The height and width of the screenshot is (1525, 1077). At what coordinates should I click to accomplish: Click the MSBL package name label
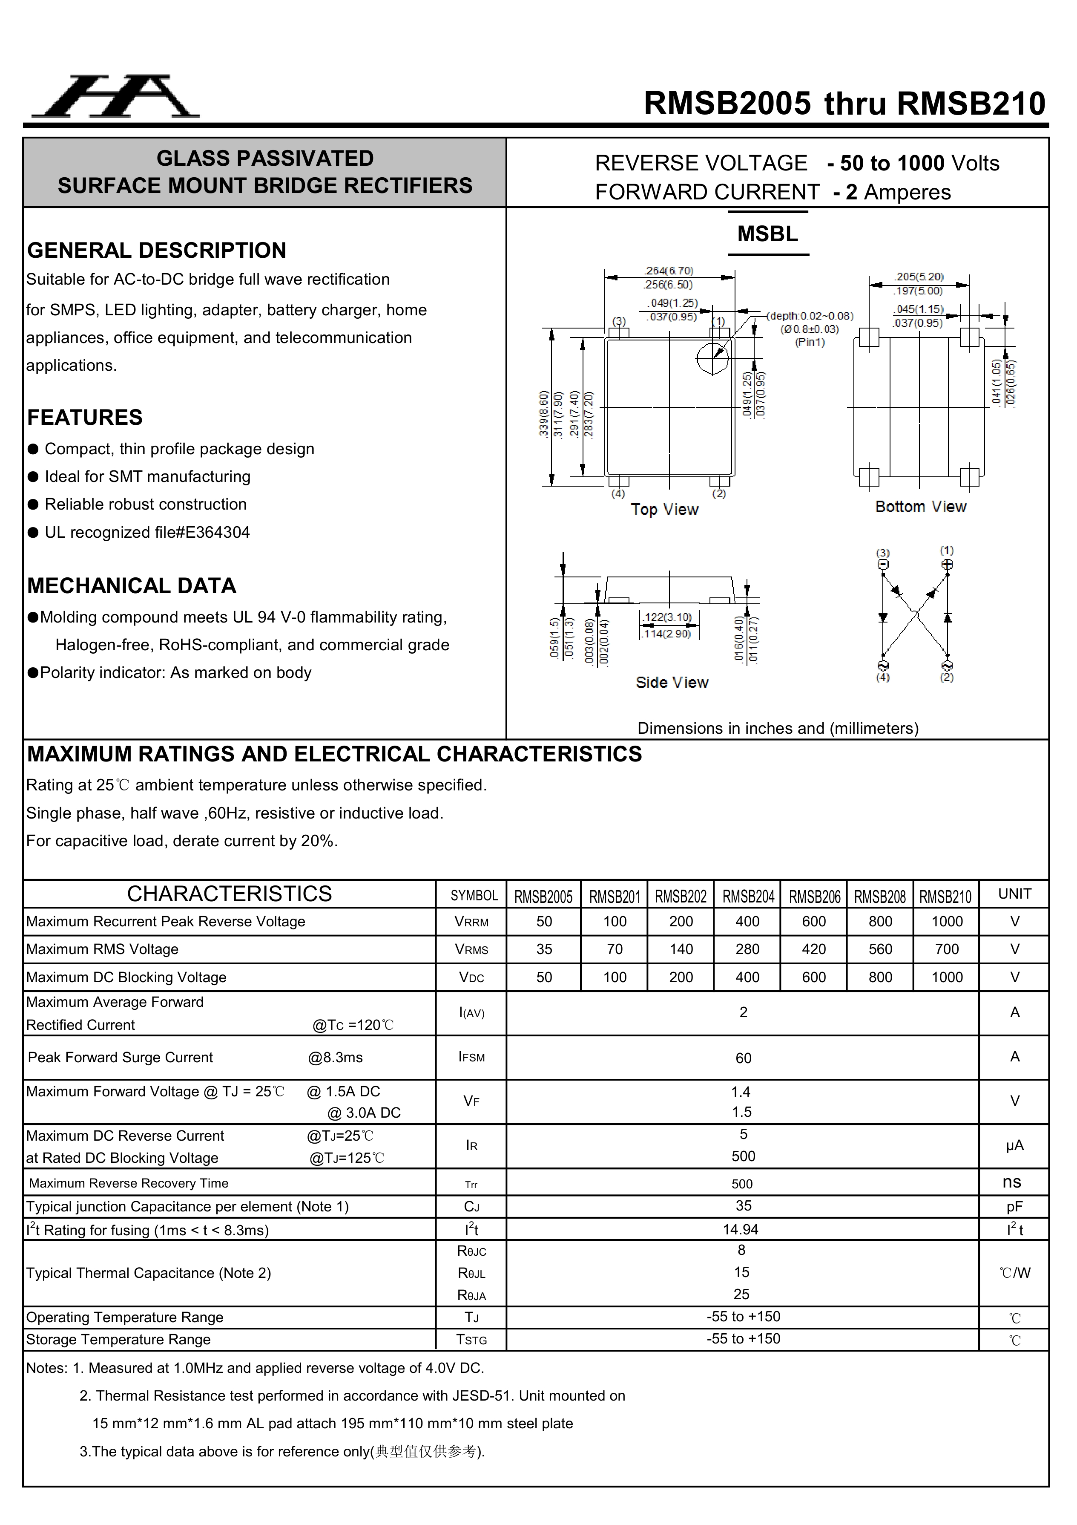(x=767, y=234)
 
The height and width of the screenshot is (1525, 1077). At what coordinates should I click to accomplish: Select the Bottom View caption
(x=920, y=507)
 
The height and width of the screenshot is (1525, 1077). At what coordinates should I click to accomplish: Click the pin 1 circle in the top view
(x=712, y=359)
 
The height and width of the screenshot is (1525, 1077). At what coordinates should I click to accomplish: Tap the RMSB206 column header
(x=814, y=897)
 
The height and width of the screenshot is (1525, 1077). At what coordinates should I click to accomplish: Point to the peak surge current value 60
(x=743, y=1058)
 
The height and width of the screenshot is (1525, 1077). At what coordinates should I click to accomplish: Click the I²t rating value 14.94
(x=741, y=1229)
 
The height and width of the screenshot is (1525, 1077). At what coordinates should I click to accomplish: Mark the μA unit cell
(x=1014, y=1145)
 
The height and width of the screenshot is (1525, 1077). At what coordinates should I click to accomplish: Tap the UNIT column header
(x=1014, y=894)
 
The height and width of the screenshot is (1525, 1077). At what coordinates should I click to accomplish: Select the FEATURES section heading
(x=85, y=417)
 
